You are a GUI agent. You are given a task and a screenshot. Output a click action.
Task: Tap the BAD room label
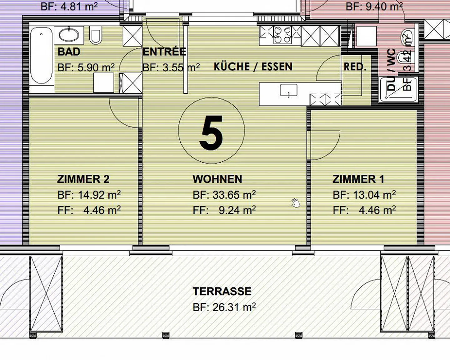point(69,52)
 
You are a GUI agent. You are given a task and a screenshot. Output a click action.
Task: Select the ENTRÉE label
point(164,52)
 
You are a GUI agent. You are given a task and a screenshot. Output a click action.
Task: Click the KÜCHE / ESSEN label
point(253,67)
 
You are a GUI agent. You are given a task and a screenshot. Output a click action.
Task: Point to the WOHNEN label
point(217,179)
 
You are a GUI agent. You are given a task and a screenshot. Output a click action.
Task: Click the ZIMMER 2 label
point(83,179)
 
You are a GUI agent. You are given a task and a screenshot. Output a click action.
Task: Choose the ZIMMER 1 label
point(358,179)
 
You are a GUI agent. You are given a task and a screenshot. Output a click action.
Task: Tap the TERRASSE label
point(222,292)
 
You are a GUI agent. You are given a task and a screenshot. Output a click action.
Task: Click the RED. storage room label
point(355,67)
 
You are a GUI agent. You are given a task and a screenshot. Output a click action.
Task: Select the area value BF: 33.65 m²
point(224,195)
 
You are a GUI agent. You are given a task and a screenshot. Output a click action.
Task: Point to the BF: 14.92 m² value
point(89,195)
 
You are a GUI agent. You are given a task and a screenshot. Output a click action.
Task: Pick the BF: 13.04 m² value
point(364,195)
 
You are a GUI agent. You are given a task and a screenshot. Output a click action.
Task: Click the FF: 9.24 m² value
point(224,210)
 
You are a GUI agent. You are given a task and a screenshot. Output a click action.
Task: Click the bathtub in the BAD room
point(41,56)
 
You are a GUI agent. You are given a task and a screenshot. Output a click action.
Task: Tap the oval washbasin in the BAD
point(69,34)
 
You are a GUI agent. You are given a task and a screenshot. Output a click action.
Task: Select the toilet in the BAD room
point(96,35)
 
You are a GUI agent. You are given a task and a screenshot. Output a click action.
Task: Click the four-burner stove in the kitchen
point(282,35)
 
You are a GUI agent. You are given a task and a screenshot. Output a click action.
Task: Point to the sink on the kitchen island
point(288,91)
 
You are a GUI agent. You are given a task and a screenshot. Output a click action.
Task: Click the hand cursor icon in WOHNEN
point(295,203)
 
